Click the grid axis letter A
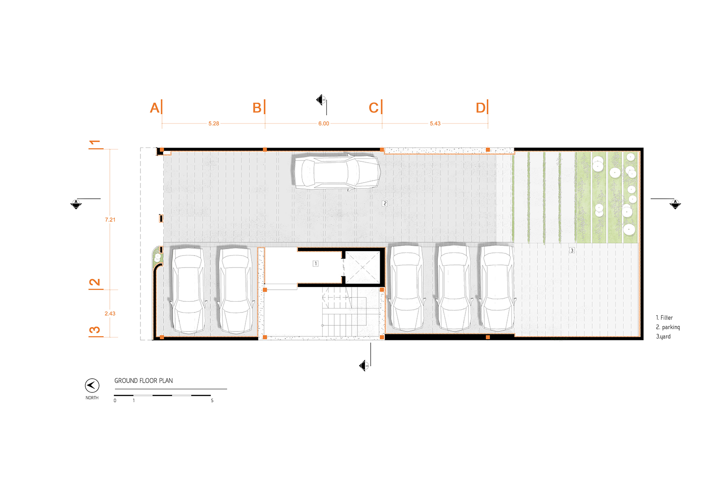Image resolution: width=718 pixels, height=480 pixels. click(x=155, y=108)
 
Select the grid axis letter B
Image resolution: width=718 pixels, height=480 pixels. click(x=257, y=108)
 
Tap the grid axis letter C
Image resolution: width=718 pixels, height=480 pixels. click(x=373, y=108)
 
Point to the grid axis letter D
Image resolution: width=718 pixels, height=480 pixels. click(x=481, y=108)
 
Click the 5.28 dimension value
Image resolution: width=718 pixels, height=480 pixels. click(x=214, y=124)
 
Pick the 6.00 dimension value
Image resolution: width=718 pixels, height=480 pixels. click(x=324, y=124)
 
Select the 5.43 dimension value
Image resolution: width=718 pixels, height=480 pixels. click(x=435, y=124)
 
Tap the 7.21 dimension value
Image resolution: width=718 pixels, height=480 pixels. click(x=110, y=220)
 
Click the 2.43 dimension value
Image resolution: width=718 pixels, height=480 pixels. click(x=110, y=314)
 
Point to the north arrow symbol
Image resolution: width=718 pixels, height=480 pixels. click(x=92, y=385)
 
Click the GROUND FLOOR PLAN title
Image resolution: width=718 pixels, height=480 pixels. click(x=144, y=381)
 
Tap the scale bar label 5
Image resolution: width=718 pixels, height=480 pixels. click(x=212, y=400)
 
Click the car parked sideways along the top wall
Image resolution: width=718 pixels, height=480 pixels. click(x=337, y=172)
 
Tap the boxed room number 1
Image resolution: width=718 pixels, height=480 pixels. click(x=316, y=264)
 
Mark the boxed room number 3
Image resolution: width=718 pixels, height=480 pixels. click(x=572, y=250)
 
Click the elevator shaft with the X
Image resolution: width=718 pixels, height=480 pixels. click(x=362, y=268)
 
